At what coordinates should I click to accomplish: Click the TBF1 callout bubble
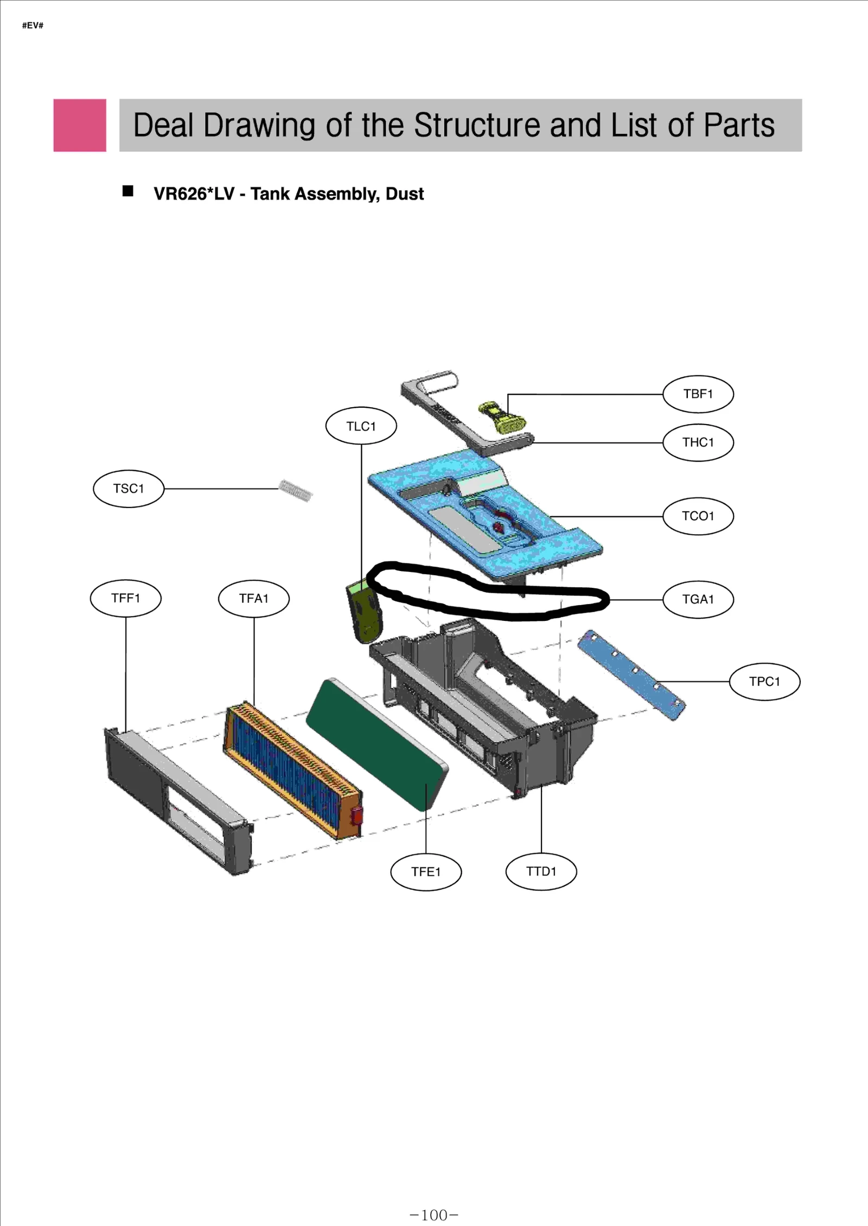698,394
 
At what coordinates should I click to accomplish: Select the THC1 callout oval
698,442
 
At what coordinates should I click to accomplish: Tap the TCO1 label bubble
698,516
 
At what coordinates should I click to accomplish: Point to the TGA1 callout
698,599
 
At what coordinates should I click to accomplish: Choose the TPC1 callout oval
764,682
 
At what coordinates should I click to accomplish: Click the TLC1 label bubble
361,426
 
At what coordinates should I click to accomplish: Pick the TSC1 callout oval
129,489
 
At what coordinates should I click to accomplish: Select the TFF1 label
125,598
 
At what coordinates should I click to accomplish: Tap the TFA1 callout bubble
253,598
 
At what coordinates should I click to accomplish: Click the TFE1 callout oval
426,872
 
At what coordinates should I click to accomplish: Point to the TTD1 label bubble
541,871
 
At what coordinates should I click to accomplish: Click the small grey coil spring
296,490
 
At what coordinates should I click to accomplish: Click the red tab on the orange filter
356,815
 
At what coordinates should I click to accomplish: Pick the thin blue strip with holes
631,674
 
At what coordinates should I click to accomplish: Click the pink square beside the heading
80,125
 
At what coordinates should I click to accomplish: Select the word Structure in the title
477,125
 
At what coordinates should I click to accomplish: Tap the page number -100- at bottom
434,1215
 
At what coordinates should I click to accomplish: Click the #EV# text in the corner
33,25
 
